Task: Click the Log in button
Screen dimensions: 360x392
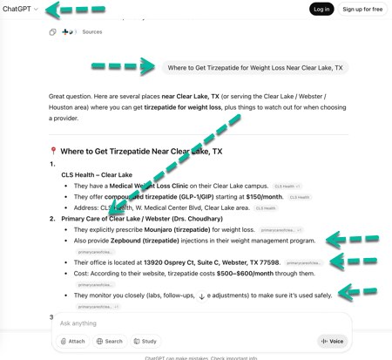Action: (x=321, y=10)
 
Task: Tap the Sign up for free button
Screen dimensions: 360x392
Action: (x=362, y=10)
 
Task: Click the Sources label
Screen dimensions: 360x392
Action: (x=91, y=32)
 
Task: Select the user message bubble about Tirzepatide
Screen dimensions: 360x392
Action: (x=254, y=67)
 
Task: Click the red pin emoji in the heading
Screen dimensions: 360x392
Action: (x=53, y=151)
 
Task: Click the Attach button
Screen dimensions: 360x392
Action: (x=72, y=341)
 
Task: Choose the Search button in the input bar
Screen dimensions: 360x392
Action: (x=109, y=341)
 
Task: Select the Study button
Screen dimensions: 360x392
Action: (x=145, y=341)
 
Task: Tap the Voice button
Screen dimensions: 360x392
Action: (x=331, y=341)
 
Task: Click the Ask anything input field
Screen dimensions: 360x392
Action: (x=174, y=323)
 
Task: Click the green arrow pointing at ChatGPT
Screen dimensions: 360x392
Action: (x=66, y=10)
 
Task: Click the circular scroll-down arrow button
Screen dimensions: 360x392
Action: (x=202, y=296)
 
